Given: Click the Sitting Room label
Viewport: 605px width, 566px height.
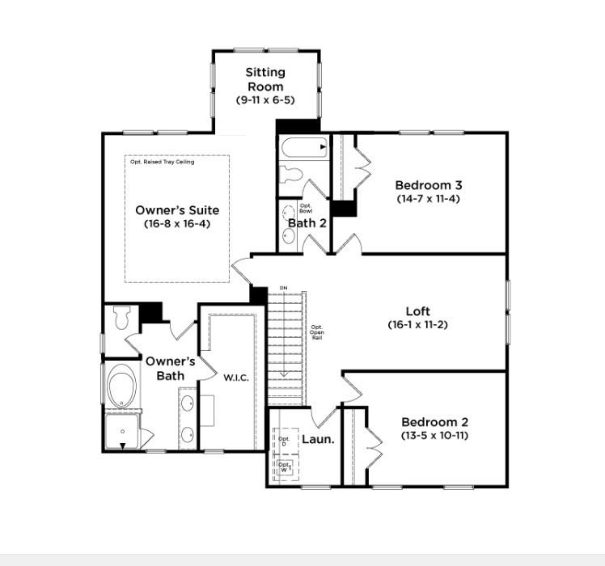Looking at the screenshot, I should coord(265,79).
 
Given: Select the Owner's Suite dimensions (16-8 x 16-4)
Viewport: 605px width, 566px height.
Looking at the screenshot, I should coord(176,223).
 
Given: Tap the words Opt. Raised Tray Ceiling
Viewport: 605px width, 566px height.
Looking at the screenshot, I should coord(162,162).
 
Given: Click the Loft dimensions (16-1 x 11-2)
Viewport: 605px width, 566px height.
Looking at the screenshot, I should coord(417,324).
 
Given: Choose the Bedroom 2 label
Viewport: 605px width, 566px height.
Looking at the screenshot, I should coord(434,421).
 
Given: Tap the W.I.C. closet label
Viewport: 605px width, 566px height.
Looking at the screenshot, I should coord(236,378).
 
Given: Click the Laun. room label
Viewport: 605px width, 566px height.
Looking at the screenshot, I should coord(318,439).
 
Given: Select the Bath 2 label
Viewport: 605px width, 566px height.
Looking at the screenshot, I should coord(307,223).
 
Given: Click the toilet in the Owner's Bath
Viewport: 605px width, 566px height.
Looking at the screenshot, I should coord(123,318).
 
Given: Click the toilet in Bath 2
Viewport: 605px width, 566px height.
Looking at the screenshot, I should coord(290,175).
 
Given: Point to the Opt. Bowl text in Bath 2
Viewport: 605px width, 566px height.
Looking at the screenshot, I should coord(307,209).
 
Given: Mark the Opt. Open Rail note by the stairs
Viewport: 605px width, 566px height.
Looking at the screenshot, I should coord(317,332).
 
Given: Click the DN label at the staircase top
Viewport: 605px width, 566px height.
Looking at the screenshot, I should coord(283,288).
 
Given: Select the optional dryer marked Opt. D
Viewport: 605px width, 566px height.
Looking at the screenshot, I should coord(284,441).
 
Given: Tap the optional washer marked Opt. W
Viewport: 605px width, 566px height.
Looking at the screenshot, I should coord(284,467).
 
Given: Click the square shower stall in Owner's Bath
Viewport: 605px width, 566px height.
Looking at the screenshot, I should coord(123,432).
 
